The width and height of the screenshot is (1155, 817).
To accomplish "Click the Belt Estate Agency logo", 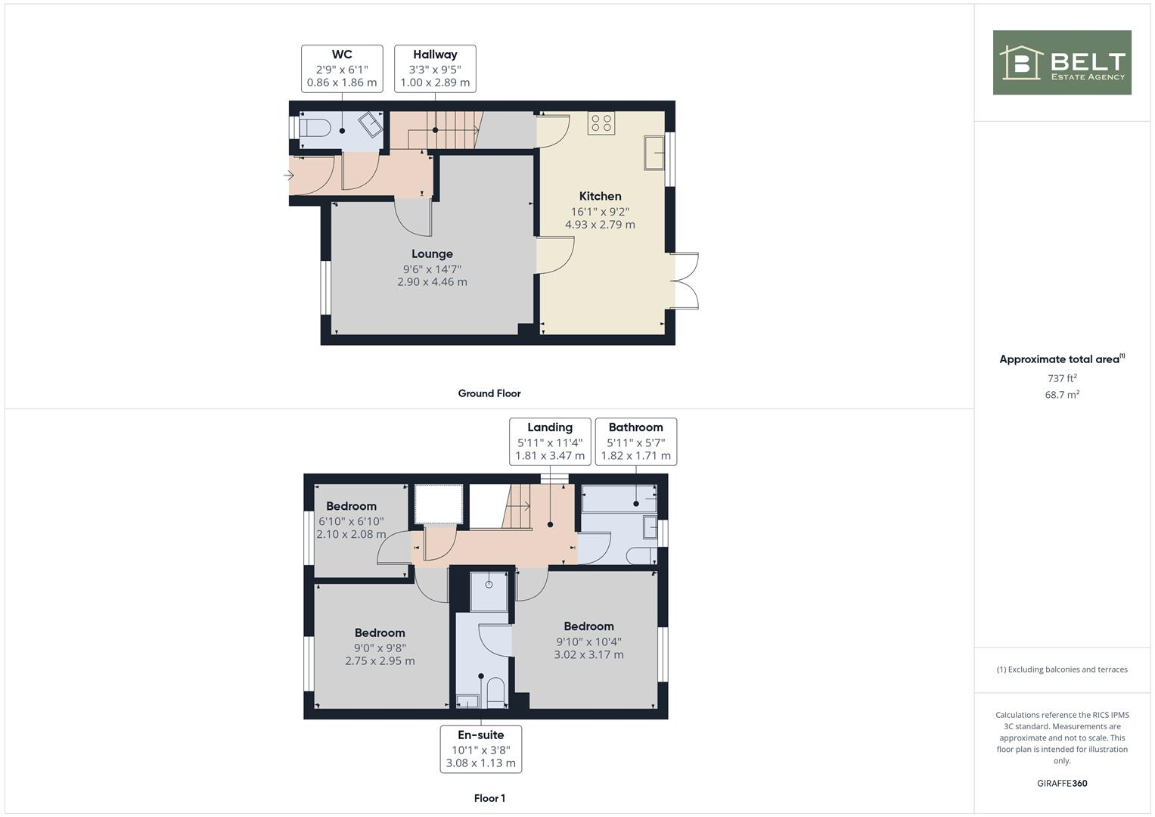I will pyautogui.click(x=1061, y=63).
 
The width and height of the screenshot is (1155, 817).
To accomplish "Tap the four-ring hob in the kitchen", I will pyautogui.click(x=601, y=123).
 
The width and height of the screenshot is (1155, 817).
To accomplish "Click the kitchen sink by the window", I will pyautogui.click(x=654, y=153).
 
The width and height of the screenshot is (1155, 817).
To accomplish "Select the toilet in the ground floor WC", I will pyautogui.click(x=314, y=129).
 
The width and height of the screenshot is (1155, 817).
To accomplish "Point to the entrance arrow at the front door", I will pyautogui.click(x=289, y=176).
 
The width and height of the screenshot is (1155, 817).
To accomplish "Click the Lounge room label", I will pyautogui.click(x=432, y=254).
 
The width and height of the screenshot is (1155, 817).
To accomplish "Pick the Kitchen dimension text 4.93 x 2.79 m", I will pyautogui.click(x=600, y=225).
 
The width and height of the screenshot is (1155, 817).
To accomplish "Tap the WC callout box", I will pyautogui.click(x=342, y=68).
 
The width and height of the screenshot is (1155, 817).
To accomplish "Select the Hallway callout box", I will pyautogui.click(x=435, y=68).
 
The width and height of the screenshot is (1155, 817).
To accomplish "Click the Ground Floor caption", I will pyautogui.click(x=489, y=393).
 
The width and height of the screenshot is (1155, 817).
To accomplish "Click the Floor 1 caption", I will pyautogui.click(x=489, y=798).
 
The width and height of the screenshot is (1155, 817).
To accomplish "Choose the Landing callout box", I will pyautogui.click(x=550, y=441).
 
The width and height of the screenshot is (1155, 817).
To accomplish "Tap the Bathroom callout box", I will pyautogui.click(x=635, y=441).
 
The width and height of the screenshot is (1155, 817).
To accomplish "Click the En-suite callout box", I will pyautogui.click(x=480, y=749).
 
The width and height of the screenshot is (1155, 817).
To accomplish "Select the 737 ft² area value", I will pyautogui.click(x=1061, y=378).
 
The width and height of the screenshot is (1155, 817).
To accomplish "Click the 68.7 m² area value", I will pyautogui.click(x=1061, y=395).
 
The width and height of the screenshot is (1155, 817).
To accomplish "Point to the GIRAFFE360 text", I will pyautogui.click(x=1061, y=783).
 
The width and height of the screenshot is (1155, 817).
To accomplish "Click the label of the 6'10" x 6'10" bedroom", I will pyautogui.click(x=351, y=506).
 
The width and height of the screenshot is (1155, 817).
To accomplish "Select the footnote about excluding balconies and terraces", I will pyautogui.click(x=1061, y=669).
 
